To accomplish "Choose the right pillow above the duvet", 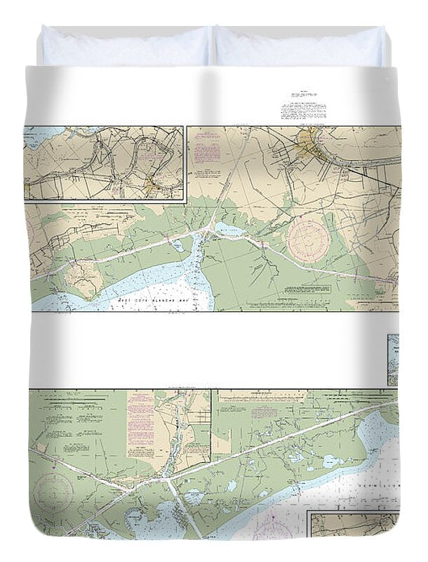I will click(x=300, y=46).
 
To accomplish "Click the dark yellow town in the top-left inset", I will click(x=152, y=186).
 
